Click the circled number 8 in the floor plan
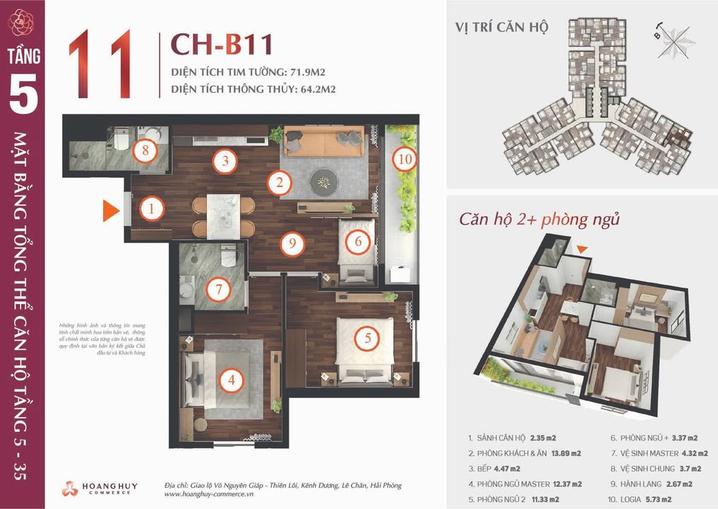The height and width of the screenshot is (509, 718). (x=145, y=151)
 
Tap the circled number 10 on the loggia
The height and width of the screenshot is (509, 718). (x=405, y=159)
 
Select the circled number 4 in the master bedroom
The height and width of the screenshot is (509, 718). (x=231, y=381)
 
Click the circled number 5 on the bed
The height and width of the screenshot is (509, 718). (x=367, y=339)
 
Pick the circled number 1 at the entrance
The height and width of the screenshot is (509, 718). (x=151, y=209)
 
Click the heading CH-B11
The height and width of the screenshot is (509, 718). (x=222, y=45)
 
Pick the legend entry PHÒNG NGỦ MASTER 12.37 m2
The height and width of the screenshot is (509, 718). (x=525, y=484)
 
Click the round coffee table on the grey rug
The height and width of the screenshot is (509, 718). (x=324, y=181)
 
